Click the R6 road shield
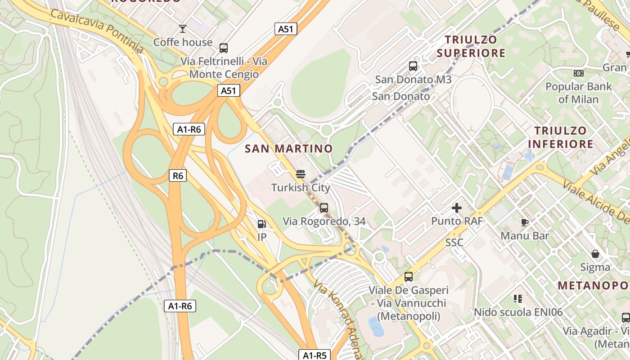[x=178, y=175]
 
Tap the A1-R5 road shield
[x=315, y=355]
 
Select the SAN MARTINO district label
[x=288, y=148]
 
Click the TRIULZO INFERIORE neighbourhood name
[x=560, y=137]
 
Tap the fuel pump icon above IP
[x=261, y=224]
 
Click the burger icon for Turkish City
[x=301, y=174]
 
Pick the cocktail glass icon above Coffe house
[x=182, y=29]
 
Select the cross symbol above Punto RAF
[x=457, y=208]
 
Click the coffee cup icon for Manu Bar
[x=524, y=222]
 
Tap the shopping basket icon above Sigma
[x=595, y=254]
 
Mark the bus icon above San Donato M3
[x=413, y=66]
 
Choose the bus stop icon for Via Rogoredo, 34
[x=324, y=207]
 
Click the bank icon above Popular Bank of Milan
[x=578, y=73]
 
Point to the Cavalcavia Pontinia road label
[x=97, y=30]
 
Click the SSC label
[x=454, y=243]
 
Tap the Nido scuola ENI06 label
[x=518, y=312]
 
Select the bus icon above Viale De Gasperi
[x=409, y=276]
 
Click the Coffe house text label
[x=183, y=42]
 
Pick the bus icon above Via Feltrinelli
[x=223, y=48]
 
